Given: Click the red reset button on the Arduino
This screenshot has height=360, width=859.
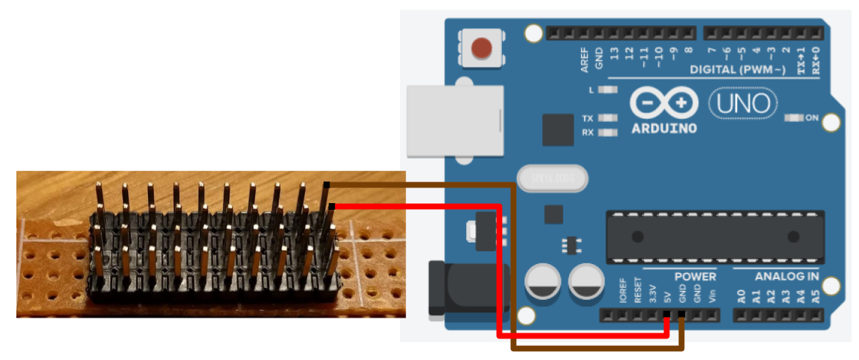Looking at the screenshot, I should [x=481, y=48].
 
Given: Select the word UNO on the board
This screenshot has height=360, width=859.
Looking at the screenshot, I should [x=744, y=103].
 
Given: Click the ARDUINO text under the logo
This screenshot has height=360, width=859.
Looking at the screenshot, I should [x=664, y=128].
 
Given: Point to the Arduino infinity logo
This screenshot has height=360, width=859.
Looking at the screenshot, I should [x=664, y=103].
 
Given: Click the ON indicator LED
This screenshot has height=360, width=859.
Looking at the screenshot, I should [x=795, y=118].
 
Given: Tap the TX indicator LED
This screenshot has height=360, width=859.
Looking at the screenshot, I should [x=608, y=118].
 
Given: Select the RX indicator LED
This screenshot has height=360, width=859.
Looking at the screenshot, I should [x=608, y=132].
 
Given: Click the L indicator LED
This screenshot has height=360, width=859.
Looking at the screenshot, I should [x=608, y=90].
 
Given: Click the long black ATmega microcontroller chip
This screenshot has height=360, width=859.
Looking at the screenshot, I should [x=715, y=237].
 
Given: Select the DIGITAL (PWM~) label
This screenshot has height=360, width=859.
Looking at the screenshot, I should [x=737, y=70].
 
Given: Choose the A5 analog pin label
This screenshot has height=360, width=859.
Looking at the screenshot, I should [x=816, y=296].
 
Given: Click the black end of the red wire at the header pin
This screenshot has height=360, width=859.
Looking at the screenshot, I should [x=332, y=206].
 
